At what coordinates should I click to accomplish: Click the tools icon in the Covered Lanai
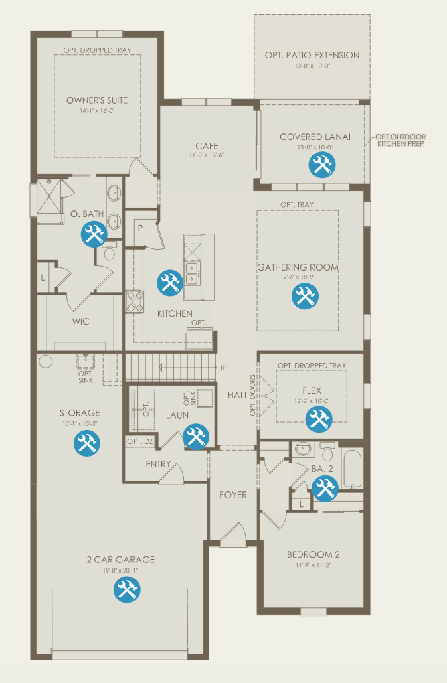[322, 165]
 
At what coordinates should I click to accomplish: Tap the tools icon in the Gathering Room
[304, 296]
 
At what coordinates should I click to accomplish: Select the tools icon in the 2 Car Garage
[126, 589]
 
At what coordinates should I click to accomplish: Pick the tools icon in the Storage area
[86, 443]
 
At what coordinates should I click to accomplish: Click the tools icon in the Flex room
[319, 419]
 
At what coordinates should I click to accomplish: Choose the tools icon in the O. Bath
[94, 234]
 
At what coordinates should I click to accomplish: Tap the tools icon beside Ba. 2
[325, 488]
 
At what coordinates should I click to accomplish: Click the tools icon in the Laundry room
[196, 437]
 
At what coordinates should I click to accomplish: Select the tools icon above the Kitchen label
[170, 283]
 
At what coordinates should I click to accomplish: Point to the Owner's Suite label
[97, 100]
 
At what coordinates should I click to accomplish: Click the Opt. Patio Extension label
[312, 55]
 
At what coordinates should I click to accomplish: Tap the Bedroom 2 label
[313, 554]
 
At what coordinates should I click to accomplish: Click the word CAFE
[207, 146]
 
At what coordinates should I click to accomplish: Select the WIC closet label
[80, 321]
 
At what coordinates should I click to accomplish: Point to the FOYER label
[233, 495]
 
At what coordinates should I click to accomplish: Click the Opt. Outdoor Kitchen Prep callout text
[400, 140]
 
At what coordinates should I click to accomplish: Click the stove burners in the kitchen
[135, 301]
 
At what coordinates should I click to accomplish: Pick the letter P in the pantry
[140, 228]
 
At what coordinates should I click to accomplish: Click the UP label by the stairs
[222, 368]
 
